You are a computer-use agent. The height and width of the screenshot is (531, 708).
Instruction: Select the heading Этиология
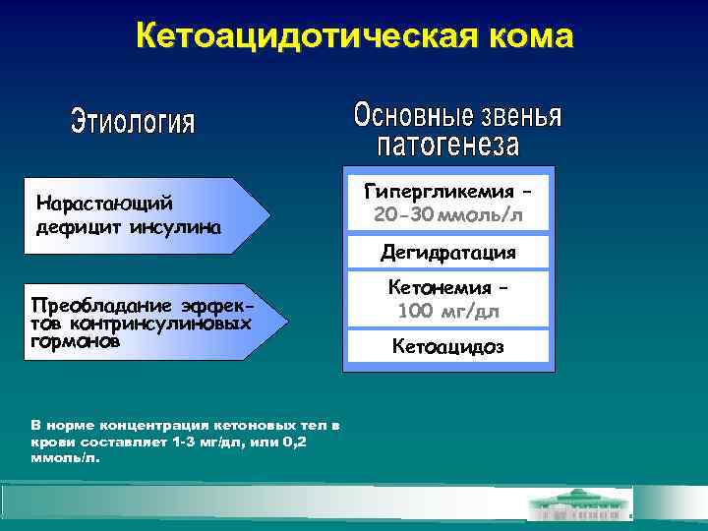(134, 124)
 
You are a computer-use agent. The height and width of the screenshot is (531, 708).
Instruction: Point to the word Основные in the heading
(402, 116)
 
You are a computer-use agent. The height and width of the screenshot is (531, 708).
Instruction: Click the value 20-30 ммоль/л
(448, 213)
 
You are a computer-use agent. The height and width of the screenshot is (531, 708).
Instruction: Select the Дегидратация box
(448, 253)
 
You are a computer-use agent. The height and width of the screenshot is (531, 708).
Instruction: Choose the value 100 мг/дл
(448, 313)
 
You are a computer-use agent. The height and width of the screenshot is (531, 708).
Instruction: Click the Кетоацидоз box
(448, 346)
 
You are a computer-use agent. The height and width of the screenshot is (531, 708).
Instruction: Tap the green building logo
(579, 505)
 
